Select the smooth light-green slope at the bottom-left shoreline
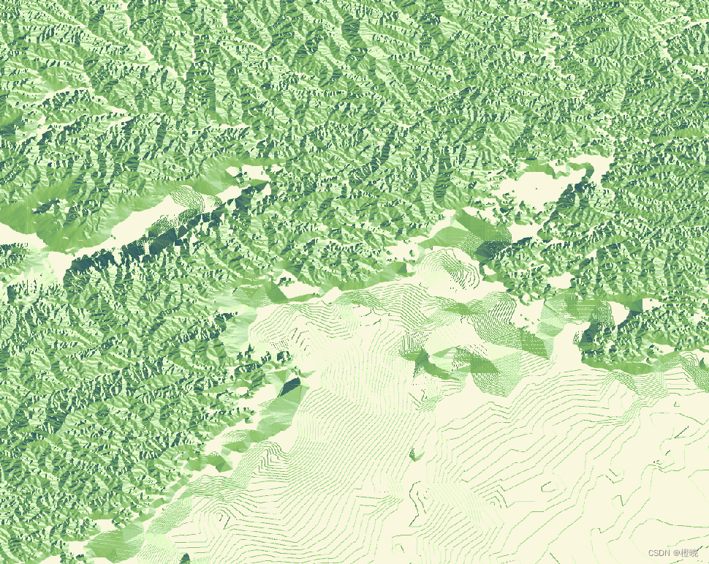coord(117,541)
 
